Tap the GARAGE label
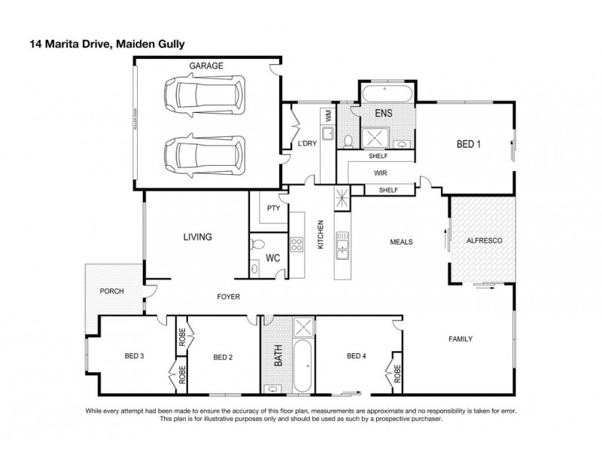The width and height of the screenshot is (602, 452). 205,66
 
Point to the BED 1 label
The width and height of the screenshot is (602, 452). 469,145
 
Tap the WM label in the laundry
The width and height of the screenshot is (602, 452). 328,117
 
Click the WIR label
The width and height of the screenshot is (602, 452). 381,173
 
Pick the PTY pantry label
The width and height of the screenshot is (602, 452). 273,209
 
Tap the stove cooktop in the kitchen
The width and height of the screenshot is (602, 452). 296,243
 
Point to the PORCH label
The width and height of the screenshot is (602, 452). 111,291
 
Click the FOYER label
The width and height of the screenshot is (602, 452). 228,297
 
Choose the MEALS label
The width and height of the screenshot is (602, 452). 401,242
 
